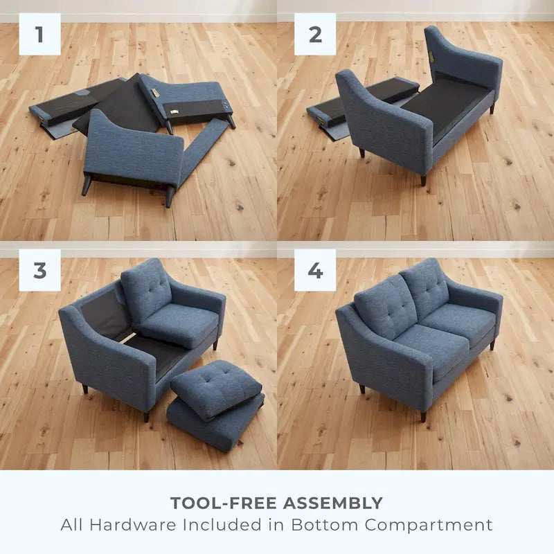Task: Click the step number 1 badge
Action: [39, 34]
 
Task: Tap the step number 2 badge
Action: [315, 34]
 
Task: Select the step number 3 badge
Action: [39, 270]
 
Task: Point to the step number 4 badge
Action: [315, 270]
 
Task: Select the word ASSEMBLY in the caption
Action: [332, 503]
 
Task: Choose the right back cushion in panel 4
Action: [424, 285]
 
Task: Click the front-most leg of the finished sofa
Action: [423, 416]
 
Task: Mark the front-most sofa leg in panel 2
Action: [423, 180]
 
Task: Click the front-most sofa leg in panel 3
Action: [146, 416]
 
